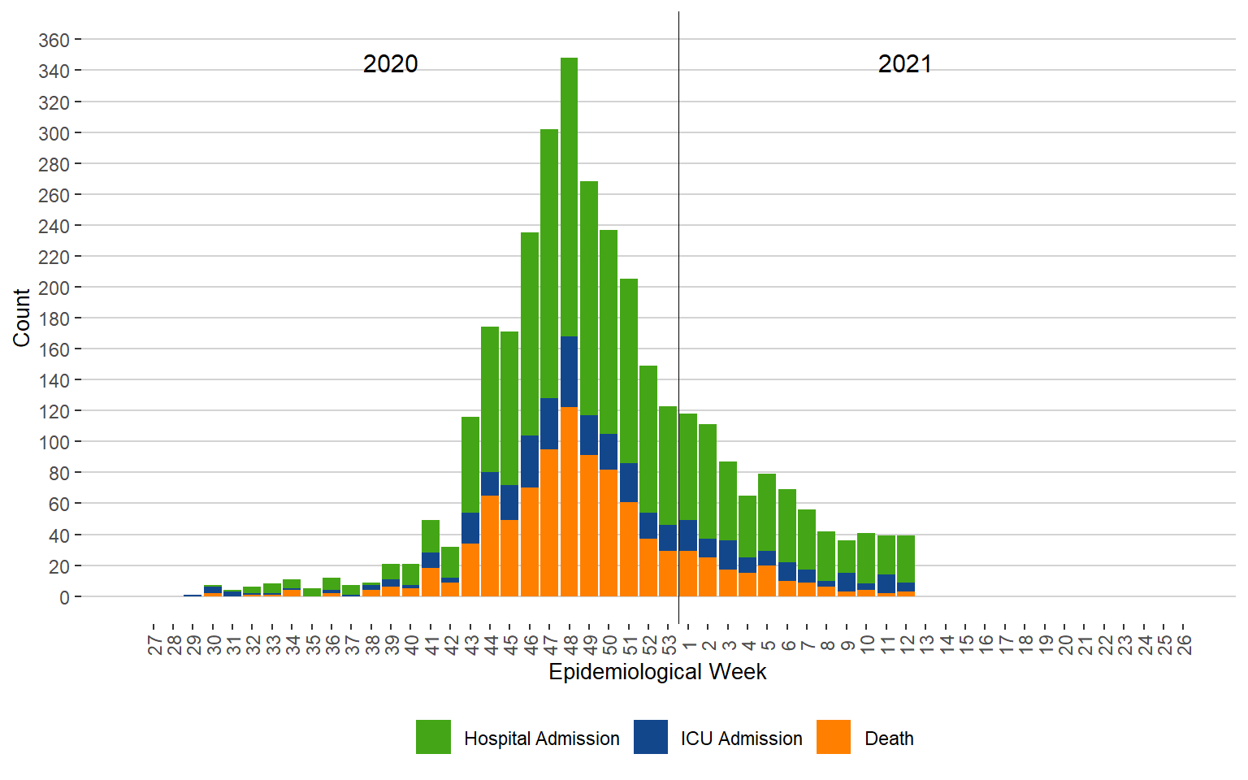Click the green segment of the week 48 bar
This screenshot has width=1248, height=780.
[x=569, y=195]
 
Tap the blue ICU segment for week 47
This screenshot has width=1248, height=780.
[x=549, y=423]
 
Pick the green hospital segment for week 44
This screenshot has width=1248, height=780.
[x=490, y=399]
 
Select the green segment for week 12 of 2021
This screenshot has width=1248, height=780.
[x=906, y=559]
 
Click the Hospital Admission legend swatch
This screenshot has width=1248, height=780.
[x=433, y=737]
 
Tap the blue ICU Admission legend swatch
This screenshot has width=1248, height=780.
[x=651, y=737]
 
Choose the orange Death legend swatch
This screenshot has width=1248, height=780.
[x=834, y=737]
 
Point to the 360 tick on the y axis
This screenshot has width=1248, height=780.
[x=54, y=40]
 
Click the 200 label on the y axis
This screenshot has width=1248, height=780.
[x=54, y=288]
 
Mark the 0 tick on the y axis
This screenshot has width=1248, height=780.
[x=64, y=597]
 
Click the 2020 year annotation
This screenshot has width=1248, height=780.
[x=390, y=64]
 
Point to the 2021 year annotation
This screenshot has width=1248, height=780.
[x=904, y=64]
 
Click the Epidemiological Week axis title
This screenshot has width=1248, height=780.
[x=657, y=672]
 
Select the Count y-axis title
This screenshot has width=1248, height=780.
[x=21, y=318]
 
